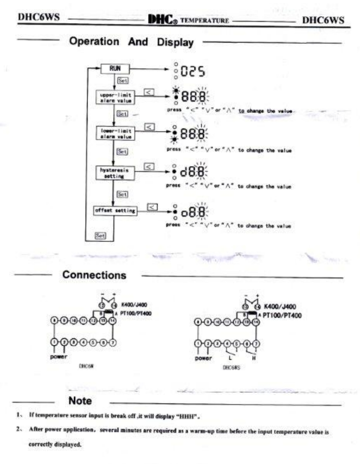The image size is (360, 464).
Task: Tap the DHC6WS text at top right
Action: coord(324,20)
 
